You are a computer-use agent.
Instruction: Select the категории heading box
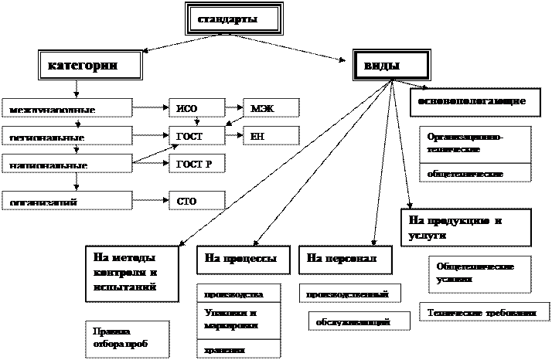[90, 66]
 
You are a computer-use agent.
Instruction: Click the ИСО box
[196, 108]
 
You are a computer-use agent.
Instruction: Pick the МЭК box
[271, 108]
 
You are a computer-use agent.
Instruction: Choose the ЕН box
[271, 136]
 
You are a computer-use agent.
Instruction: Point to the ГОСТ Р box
[196, 164]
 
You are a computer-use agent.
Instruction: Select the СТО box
[196, 201]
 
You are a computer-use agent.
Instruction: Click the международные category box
[66, 109]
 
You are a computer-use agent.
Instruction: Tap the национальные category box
[66, 164]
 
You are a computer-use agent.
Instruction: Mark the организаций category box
[66, 201]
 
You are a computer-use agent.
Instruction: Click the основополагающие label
[472, 101]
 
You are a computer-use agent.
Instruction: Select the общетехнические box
[475, 173]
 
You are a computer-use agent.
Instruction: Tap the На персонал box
[345, 260]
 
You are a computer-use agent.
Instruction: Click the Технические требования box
[482, 313]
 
